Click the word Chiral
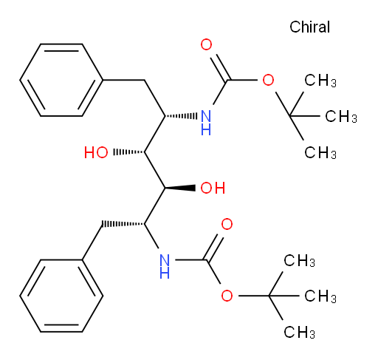[309, 27]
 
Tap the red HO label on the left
[96, 152]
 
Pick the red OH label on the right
[213, 188]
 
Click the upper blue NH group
[206, 123]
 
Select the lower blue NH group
[165, 266]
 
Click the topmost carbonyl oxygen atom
[206, 44]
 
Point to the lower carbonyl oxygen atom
[227, 224]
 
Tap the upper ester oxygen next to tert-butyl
[268, 80]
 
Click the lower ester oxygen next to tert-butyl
[227, 296]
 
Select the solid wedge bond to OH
[180, 188]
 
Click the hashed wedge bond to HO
[128, 152]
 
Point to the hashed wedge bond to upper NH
[181, 116]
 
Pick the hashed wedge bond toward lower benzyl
[123, 224]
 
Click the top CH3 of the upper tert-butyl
[320, 81]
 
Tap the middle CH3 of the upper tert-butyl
[341, 116]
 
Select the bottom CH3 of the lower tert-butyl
[299, 332]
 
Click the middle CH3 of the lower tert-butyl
[320, 296]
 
